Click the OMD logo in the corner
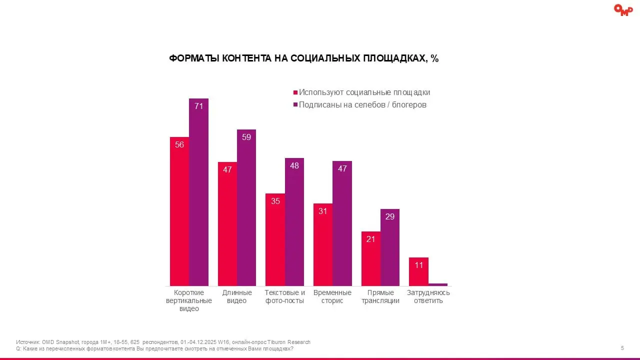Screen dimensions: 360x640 (623, 10)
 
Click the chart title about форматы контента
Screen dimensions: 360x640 (303, 58)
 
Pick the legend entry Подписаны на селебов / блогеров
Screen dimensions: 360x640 (359, 105)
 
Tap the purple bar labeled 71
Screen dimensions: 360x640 (198, 192)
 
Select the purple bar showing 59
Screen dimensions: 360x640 (246, 208)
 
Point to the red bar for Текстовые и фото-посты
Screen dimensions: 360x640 (275, 240)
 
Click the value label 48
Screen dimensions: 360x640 (294, 165)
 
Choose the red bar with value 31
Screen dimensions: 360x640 (323, 245)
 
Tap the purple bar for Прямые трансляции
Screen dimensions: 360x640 (390, 247)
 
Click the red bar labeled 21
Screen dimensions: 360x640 (371, 259)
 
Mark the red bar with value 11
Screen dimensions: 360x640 (418, 272)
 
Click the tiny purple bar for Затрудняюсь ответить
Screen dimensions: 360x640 (438, 284)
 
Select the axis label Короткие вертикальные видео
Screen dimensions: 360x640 (189, 300)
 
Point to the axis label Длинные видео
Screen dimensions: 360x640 (237, 296)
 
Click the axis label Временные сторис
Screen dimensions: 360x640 (332, 296)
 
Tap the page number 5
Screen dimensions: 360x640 (622, 348)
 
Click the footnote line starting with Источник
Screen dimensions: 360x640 (163, 342)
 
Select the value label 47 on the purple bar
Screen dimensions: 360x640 (342, 169)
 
